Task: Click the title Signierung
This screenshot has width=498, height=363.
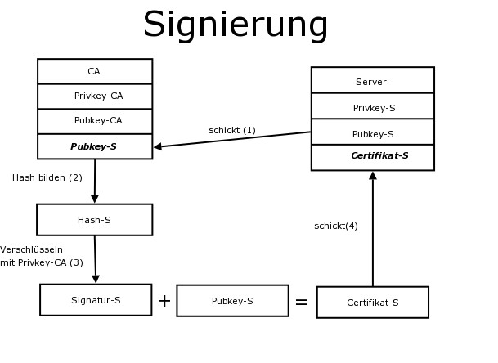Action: [x=236, y=25]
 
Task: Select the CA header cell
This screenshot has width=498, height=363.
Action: [x=94, y=71]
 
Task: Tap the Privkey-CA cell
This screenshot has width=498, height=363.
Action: [x=94, y=96]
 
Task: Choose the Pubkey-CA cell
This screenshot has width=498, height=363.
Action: [x=94, y=121]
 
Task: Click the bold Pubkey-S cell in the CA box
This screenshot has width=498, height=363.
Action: [x=94, y=146]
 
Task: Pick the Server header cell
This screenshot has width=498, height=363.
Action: [x=372, y=81]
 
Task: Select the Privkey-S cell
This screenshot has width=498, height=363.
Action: [x=372, y=107]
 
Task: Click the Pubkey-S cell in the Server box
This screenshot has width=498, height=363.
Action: [x=372, y=133]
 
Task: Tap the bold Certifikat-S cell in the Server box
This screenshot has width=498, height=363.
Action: [x=372, y=156]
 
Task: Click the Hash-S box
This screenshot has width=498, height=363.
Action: [x=94, y=219]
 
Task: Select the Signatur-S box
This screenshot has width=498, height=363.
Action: [x=96, y=300]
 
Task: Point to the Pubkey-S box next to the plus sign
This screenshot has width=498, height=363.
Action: [x=232, y=301]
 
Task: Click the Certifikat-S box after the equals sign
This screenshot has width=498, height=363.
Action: [x=372, y=302]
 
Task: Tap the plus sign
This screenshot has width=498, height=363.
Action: [x=164, y=301]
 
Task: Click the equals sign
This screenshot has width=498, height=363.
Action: [x=302, y=302]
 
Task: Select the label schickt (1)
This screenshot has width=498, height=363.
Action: [x=232, y=130]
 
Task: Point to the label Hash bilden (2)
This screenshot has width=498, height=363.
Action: [x=47, y=177]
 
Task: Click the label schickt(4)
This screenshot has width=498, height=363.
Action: [x=336, y=226]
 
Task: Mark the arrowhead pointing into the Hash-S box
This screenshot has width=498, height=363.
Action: [x=94, y=199]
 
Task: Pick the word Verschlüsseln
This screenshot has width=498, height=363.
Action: [x=31, y=249]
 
